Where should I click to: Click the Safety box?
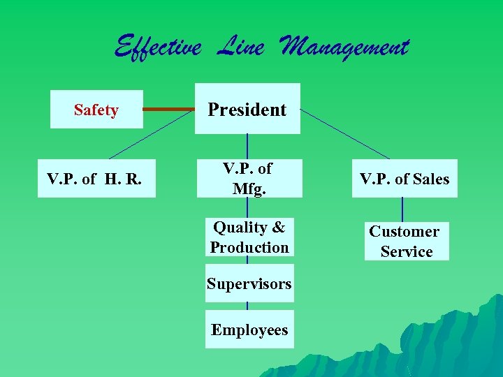(96, 110)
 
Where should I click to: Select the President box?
(247, 109)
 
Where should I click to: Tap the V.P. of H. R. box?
(96, 179)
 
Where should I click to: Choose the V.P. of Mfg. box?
(247, 178)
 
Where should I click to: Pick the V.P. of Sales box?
(404, 179)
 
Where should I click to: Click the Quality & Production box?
(249, 237)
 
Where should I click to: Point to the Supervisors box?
(249, 283)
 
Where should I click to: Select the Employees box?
(249, 330)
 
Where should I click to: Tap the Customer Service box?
(405, 241)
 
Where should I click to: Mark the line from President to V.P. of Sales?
(345, 133)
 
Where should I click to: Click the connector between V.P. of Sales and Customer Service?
(402, 209)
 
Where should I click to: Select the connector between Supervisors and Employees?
(247, 306)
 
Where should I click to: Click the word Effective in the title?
(158, 47)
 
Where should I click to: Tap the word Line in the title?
(240, 47)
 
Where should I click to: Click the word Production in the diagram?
(249, 247)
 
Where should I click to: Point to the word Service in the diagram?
(407, 251)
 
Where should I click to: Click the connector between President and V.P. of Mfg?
(247, 146)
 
